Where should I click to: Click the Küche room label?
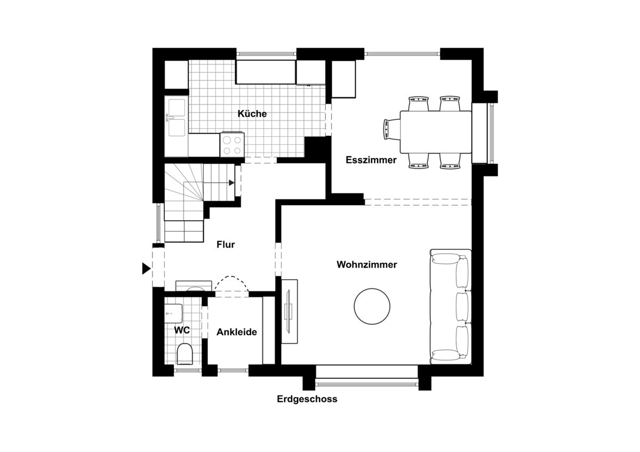(x=252, y=114)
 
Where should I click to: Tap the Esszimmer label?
(x=371, y=160)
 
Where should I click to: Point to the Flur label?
(x=226, y=245)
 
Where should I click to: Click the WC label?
(x=182, y=330)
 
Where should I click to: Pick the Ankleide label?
(x=237, y=332)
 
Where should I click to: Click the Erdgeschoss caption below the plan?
(x=307, y=399)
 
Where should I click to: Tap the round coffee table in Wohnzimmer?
(x=372, y=306)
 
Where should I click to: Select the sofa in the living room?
(x=451, y=306)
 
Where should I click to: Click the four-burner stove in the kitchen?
(x=232, y=145)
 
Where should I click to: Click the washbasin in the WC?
(x=174, y=311)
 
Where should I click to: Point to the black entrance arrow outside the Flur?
(x=146, y=269)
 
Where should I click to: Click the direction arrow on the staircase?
(x=231, y=183)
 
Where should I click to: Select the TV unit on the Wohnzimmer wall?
(x=289, y=312)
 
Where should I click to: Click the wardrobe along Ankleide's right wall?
(x=268, y=329)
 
